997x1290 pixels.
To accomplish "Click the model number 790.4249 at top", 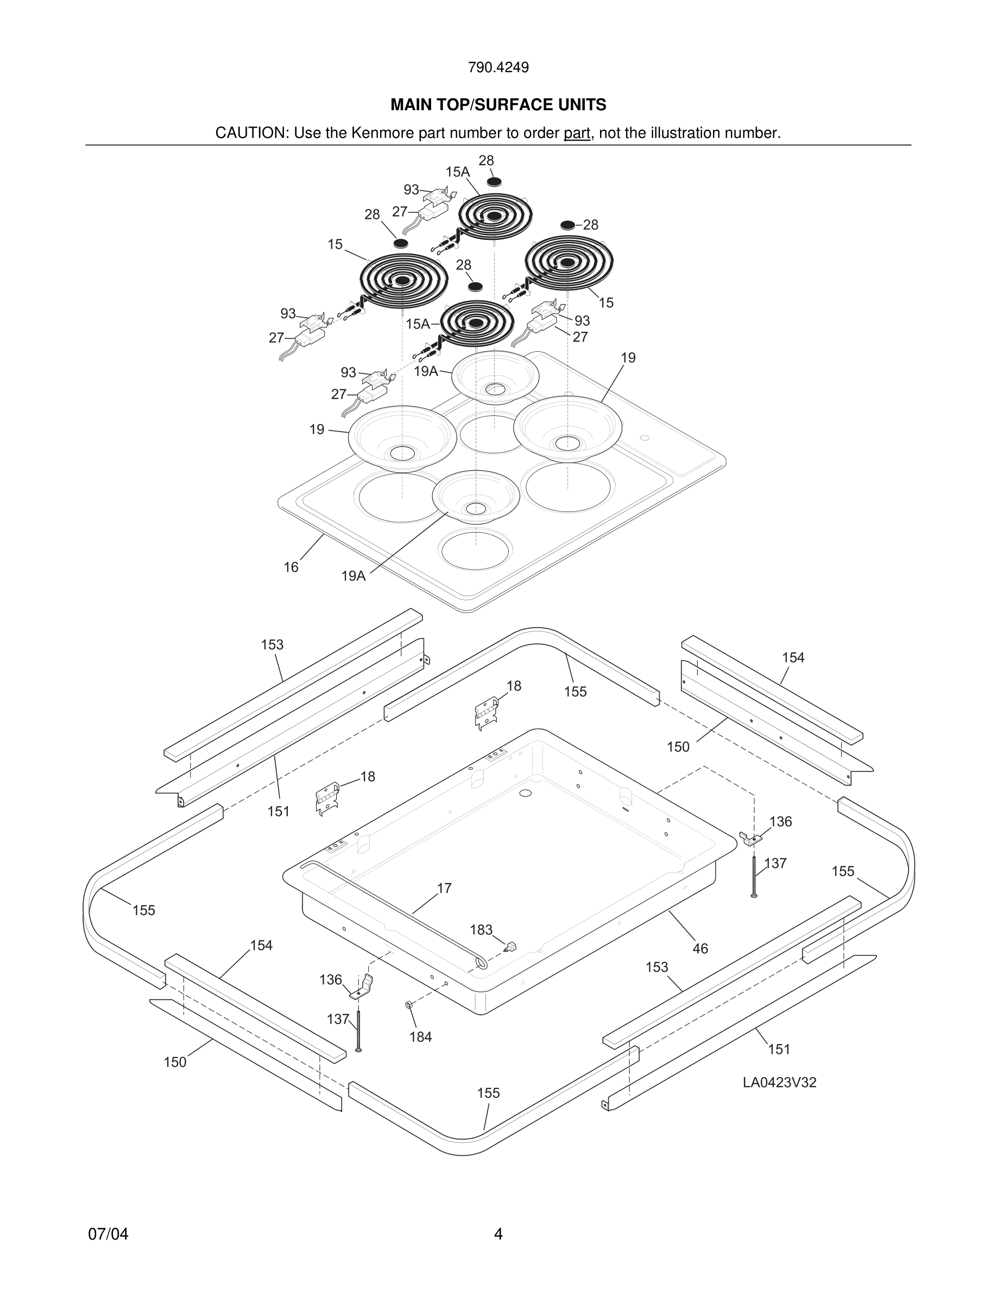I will coord(498,67).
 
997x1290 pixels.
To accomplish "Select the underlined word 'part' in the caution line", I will coord(577,134).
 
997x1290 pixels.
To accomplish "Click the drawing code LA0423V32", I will coord(779,1083).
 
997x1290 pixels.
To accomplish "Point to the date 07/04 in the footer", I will coord(108,1235).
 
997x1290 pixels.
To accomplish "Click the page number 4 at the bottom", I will coord(498,1235).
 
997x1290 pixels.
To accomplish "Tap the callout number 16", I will coord(291,567).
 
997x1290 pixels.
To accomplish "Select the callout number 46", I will coord(700,949).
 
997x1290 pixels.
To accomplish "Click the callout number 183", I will coord(481,930).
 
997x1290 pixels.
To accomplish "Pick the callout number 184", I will coord(420,1037).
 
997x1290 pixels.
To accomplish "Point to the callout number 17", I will coord(444,888).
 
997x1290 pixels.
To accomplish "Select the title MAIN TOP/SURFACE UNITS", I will coord(498,105).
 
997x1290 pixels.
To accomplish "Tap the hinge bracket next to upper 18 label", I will coord(485,713).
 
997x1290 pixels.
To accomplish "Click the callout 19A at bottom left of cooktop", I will coord(353,577).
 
